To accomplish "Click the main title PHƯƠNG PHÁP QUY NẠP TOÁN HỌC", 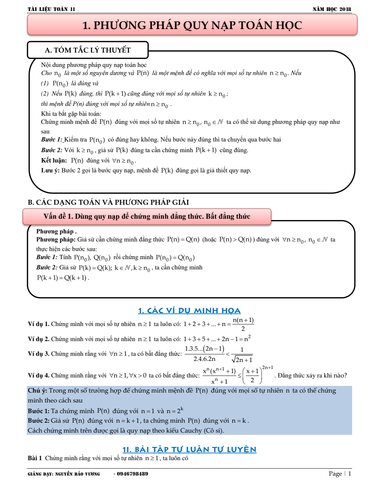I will click(192, 25).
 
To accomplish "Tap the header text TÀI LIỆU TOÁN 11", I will click(51, 9).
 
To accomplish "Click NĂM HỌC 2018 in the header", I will click(332, 9).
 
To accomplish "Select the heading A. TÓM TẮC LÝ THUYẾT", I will click(88, 50).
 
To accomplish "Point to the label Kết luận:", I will click(54, 161).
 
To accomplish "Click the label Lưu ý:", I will click(50, 171).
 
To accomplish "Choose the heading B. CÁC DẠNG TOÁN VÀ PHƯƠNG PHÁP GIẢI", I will click(108, 202).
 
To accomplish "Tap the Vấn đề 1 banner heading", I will click(147, 216).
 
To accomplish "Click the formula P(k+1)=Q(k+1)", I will click(62, 278).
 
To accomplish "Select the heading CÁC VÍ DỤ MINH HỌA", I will click(189, 311).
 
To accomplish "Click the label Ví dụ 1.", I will click(39, 324).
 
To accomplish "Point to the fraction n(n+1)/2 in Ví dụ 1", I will click(243, 324).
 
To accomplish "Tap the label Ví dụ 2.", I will click(39, 339).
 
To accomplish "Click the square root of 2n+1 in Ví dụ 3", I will click(242, 359).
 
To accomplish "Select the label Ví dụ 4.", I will click(39, 375).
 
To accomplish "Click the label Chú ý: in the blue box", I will click(37, 391).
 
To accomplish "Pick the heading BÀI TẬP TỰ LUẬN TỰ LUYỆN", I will click(189, 449).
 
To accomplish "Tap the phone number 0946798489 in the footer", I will click(133, 474).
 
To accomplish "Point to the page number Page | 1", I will click(340, 474).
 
